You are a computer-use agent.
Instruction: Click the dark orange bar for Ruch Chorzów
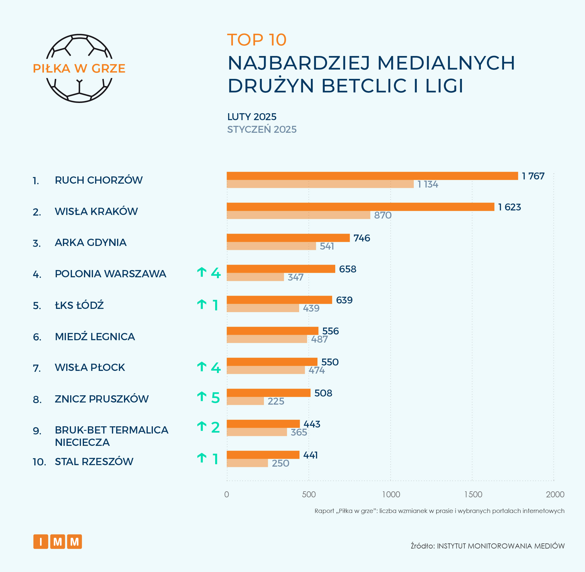click(372, 176)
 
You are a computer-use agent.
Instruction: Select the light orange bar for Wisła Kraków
click(298, 215)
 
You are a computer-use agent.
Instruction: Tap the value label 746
click(362, 238)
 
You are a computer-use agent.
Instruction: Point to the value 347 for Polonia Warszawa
click(296, 277)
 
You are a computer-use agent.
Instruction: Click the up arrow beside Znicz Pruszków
click(202, 396)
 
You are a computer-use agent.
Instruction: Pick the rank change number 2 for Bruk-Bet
click(215, 427)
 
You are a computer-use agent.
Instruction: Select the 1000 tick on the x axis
click(391, 494)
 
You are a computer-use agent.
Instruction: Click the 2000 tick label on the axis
click(555, 494)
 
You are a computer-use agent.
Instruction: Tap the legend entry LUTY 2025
click(252, 117)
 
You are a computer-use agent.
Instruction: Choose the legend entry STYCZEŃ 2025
click(262, 129)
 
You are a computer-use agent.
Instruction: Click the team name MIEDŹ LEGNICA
click(95, 337)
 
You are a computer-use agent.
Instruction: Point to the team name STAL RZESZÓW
click(94, 462)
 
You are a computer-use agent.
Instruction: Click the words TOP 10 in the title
click(257, 40)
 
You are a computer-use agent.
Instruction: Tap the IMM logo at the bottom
click(57, 542)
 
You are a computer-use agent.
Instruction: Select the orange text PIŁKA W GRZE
click(79, 69)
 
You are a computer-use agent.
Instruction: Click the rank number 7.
click(37, 368)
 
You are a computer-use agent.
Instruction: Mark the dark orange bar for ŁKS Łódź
click(279, 300)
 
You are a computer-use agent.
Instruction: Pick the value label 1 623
click(509, 207)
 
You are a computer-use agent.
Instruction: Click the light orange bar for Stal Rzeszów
click(247, 463)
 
